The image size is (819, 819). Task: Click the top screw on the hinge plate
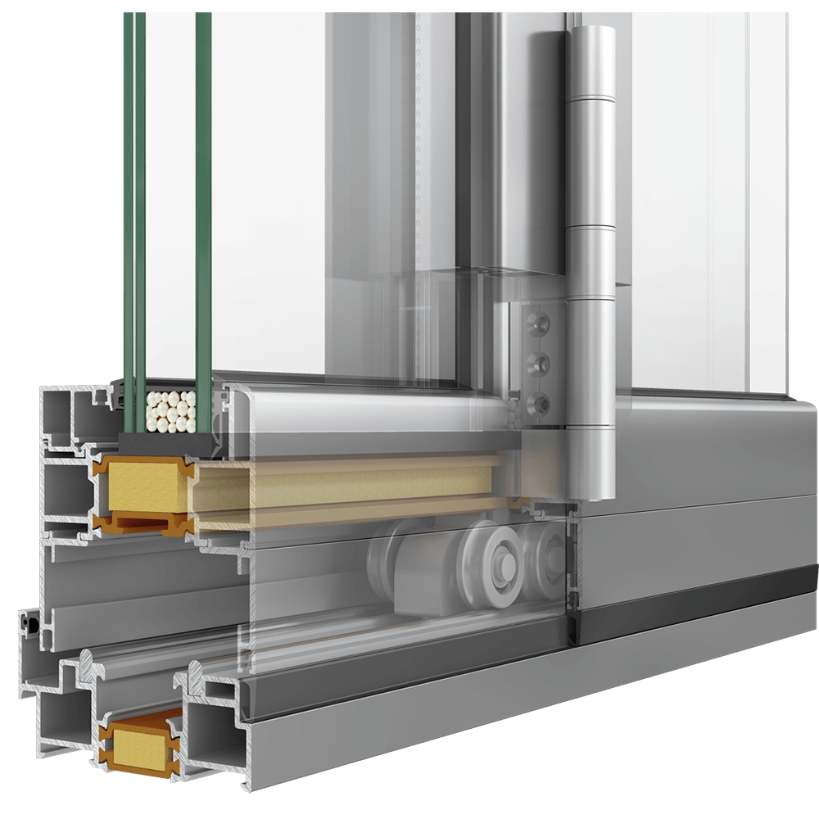coord(537,317)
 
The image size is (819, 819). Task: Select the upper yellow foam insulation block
coord(142,486)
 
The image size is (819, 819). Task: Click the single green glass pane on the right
coord(203,205)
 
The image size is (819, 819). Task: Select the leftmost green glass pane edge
coord(129,205)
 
